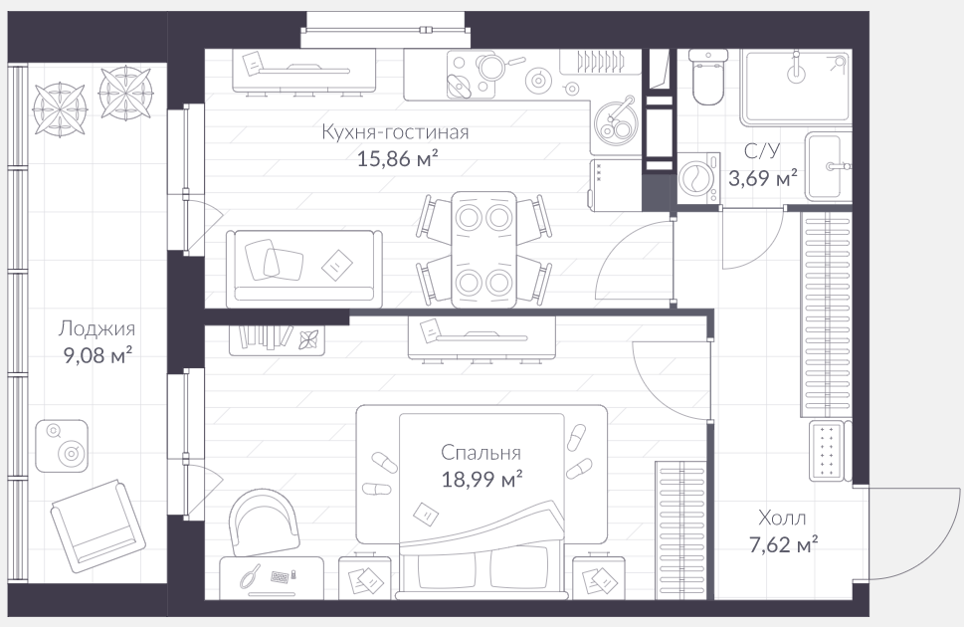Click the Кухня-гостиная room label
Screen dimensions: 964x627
(395, 132)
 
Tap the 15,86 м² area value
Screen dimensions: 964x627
(398, 159)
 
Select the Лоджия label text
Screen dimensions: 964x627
(96, 329)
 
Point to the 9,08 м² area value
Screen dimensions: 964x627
(98, 355)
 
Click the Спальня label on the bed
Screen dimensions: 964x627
(481, 453)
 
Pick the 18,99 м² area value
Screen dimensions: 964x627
(482, 479)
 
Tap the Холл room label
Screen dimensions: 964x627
(782, 519)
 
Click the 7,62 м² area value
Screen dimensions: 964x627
(783, 544)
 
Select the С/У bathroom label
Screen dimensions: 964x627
(762, 150)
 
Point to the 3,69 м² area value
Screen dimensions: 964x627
(763, 178)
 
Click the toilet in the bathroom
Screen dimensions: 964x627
(708, 77)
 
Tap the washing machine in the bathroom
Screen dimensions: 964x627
(699, 178)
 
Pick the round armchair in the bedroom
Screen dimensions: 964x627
(263, 523)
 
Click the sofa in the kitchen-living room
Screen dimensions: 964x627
(303, 269)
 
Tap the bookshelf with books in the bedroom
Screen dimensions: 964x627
(277, 340)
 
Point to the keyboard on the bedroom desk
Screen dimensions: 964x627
(281, 577)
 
